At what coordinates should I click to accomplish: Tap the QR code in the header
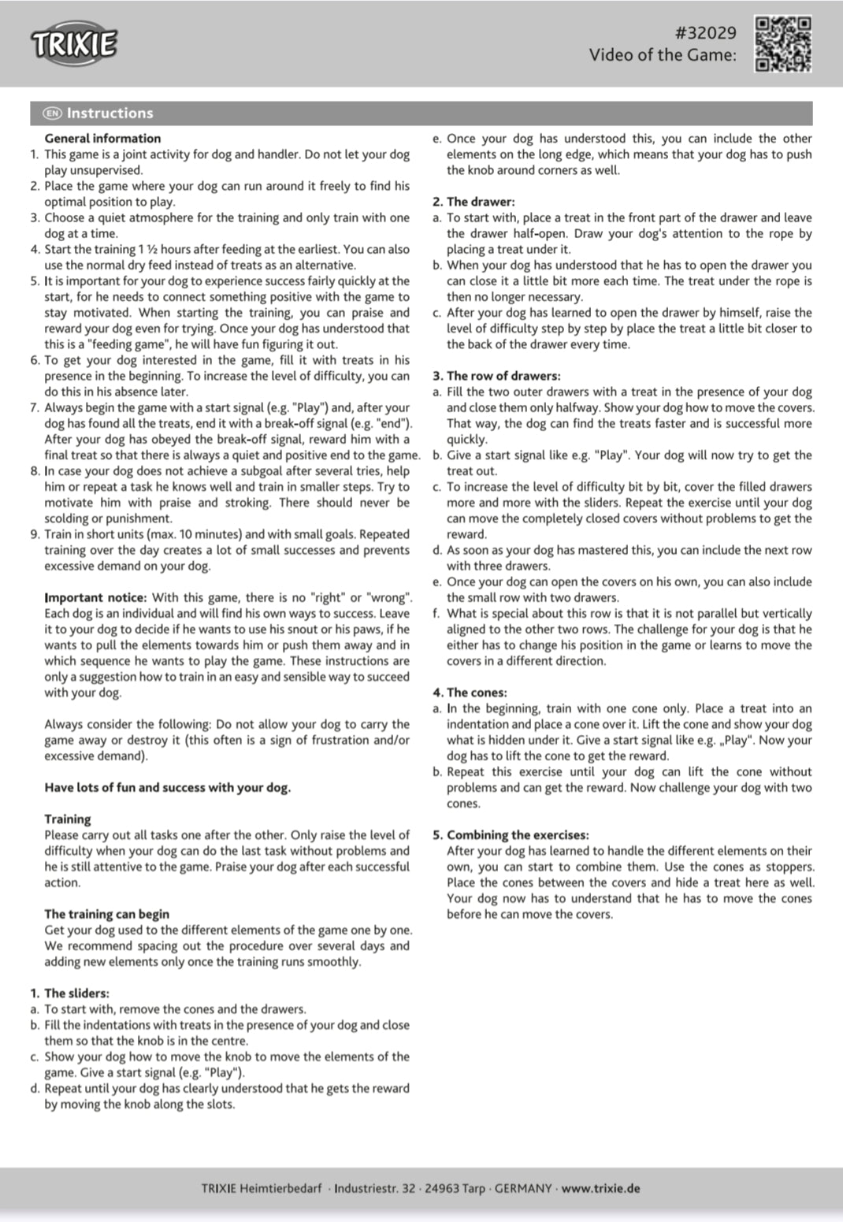pyautogui.click(x=782, y=44)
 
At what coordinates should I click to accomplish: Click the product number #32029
pyautogui.click(x=705, y=32)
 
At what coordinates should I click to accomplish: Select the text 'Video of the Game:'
pyautogui.click(x=663, y=55)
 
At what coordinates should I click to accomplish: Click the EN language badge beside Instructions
pyautogui.click(x=53, y=113)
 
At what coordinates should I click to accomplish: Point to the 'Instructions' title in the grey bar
pyautogui.click(x=110, y=113)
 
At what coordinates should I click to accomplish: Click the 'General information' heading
pyautogui.click(x=102, y=139)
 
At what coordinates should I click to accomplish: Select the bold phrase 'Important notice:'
pyautogui.click(x=95, y=598)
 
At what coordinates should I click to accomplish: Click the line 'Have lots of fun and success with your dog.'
pyautogui.click(x=167, y=788)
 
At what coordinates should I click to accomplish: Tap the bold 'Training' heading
pyautogui.click(x=67, y=819)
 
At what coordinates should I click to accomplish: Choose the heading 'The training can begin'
pyautogui.click(x=106, y=914)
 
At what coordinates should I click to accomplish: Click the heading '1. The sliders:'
pyautogui.click(x=69, y=994)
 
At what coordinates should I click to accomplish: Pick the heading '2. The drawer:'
pyautogui.click(x=473, y=202)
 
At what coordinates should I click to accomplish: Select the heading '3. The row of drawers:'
pyautogui.click(x=496, y=376)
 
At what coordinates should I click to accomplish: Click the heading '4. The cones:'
pyautogui.click(x=470, y=693)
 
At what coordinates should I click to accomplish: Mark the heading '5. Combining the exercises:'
pyautogui.click(x=510, y=835)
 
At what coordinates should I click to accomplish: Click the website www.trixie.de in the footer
pyautogui.click(x=600, y=1188)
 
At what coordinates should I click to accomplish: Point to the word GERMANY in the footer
pyautogui.click(x=523, y=1188)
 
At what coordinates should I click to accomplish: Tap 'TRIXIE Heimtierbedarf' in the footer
pyautogui.click(x=262, y=1188)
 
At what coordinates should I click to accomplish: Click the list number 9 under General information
pyautogui.click(x=35, y=534)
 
